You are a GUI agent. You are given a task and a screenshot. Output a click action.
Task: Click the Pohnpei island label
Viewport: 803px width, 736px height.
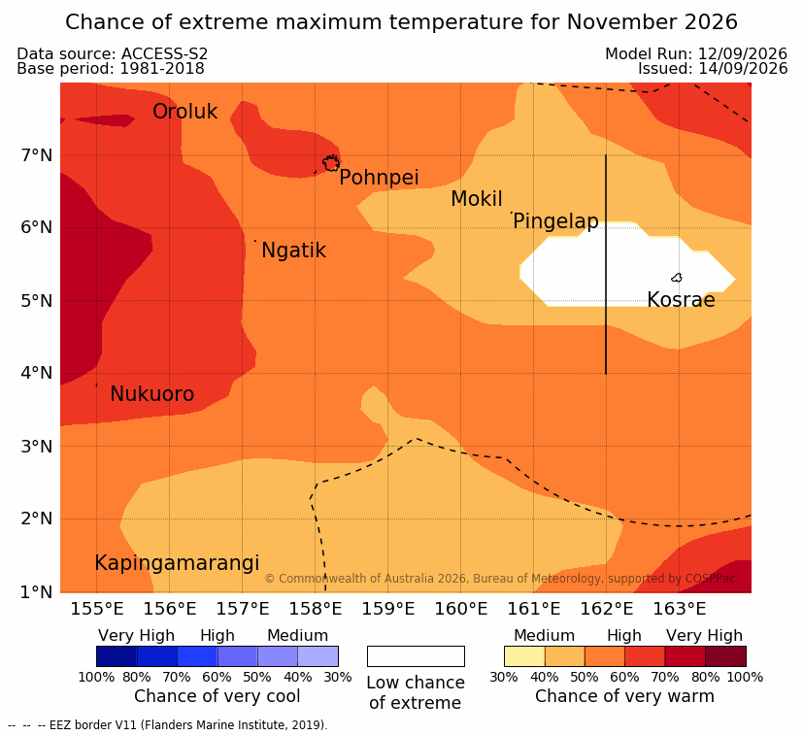[379, 178]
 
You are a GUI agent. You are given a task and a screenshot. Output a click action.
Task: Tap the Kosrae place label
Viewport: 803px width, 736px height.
[681, 300]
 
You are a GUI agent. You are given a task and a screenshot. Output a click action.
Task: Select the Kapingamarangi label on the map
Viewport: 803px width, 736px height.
[177, 563]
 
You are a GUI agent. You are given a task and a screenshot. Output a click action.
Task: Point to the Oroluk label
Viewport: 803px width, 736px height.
[184, 111]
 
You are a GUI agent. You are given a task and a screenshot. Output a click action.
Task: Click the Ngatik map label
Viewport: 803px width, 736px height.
[294, 251]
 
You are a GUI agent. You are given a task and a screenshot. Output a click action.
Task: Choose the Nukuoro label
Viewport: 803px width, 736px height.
[152, 394]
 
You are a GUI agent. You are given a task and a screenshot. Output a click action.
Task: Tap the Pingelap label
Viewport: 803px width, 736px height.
[555, 221]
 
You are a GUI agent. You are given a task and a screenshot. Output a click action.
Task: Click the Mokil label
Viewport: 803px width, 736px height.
[477, 199]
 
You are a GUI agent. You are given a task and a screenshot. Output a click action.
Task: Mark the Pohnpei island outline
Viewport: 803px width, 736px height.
[331, 163]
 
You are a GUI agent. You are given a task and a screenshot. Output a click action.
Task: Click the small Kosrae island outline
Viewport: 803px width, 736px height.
[677, 278]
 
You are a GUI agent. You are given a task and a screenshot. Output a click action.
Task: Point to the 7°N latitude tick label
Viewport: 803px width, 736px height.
[37, 154]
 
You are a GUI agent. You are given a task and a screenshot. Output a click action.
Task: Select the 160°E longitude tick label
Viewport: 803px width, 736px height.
[461, 609]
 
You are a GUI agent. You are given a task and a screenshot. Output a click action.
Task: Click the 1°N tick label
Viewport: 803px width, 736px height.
[37, 592]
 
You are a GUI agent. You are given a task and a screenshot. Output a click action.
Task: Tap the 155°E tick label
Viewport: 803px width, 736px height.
[97, 609]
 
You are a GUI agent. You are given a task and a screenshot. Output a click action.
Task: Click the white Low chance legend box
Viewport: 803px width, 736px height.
[416, 656]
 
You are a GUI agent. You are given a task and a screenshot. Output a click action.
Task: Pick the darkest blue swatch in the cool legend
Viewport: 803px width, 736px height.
[117, 656]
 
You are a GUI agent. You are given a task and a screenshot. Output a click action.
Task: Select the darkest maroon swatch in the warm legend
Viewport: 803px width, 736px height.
[725, 656]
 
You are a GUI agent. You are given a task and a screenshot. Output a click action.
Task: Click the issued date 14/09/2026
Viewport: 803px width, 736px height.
[743, 69]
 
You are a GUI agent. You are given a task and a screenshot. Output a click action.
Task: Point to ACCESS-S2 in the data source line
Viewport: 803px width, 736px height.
[164, 53]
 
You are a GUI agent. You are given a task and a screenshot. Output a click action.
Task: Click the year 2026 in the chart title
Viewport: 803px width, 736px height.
[711, 22]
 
